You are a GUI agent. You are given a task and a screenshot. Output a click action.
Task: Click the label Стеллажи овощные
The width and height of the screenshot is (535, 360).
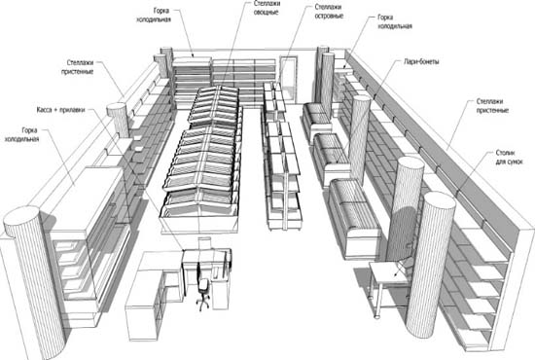(x=267, y=8)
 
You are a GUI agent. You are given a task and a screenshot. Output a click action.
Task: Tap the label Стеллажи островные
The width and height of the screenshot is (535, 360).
(x=329, y=12)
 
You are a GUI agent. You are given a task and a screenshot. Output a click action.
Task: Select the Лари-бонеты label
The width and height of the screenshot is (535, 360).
(x=421, y=61)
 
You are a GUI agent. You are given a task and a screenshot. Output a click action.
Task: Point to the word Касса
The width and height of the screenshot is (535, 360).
(x=44, y=110)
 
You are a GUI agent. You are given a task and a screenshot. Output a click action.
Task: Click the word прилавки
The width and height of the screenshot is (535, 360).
(x=72, y=110)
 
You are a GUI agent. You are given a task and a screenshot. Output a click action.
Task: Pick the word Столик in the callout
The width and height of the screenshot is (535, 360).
(x=505, y=153)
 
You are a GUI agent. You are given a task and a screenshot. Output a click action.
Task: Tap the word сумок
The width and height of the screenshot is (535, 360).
(x=515, y=162)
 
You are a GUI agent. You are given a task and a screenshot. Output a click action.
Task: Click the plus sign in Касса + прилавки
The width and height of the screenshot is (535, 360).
(x=55, y=110)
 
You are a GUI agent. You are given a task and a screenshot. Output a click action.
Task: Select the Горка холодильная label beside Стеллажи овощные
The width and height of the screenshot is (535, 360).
(x=154, y=15)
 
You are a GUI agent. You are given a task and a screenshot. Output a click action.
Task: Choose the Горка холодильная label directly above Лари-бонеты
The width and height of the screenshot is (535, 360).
(x=395, y=21)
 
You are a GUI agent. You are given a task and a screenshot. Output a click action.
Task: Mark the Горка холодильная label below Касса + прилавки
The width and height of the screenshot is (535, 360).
(x=21, y=134)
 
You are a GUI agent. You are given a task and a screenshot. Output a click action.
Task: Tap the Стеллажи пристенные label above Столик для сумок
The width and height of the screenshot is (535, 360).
(x=492, y=106)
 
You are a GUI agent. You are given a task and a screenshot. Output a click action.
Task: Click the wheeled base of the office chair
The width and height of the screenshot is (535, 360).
(x=203, y=303)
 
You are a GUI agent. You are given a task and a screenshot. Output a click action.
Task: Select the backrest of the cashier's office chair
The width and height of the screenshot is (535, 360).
(x=198, y=273)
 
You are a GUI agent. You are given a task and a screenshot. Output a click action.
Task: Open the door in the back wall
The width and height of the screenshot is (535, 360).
(x=288, y=79)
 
